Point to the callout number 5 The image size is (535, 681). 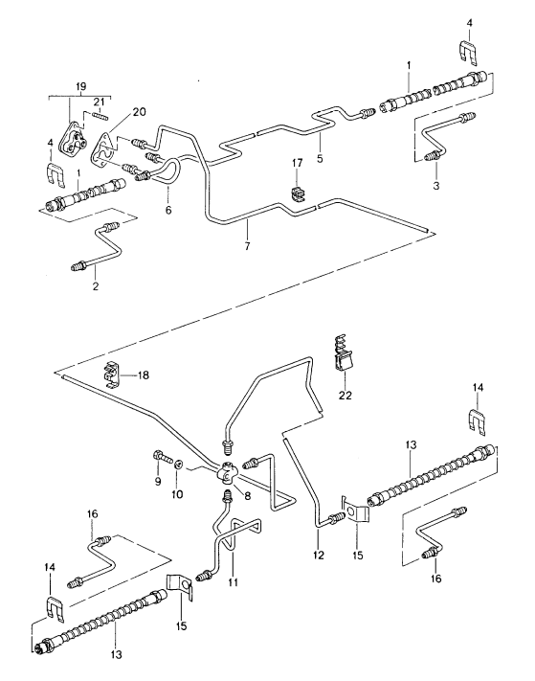[319, 158]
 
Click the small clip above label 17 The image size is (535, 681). [297, 195]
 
